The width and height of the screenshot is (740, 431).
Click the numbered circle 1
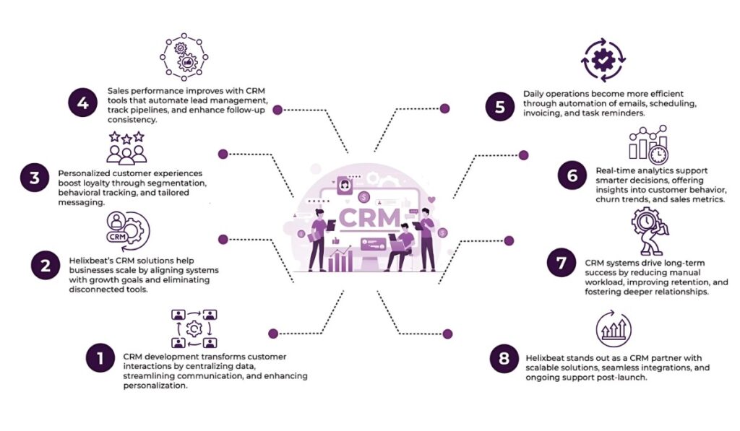[x=100, y=360]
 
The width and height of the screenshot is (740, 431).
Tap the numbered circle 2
[x=45, y=266]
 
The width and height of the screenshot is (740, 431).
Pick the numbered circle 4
[x=82, y=103]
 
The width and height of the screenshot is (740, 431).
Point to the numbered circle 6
[x=572, y=176]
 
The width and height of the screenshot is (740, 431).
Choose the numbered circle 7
[x=562, y=264]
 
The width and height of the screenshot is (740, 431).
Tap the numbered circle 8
[x=504, y=359]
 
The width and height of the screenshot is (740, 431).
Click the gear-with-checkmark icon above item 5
[x=602, y=61]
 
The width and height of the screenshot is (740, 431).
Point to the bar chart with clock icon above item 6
[x=648, y=144]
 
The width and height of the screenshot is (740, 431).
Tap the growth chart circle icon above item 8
[x=614, y=330]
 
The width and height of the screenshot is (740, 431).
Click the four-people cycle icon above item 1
[x=194, y=328]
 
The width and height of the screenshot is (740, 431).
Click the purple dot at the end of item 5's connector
[x=444, y=108]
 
